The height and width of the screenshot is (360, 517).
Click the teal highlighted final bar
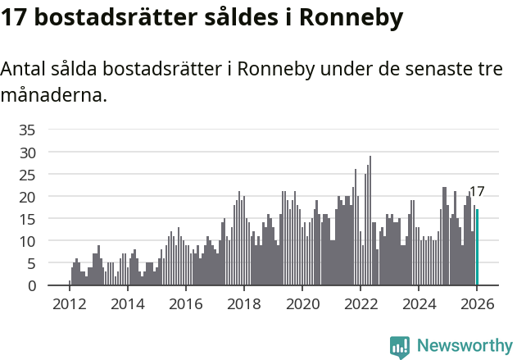(x=478, y=248)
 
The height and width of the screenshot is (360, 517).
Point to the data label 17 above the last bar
(x=477, y=192)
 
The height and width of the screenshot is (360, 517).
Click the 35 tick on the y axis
(x=28, y=130)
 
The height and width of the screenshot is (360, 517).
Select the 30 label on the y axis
(x=28, y=153)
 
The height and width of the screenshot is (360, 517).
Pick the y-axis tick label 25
(x=28, y=175)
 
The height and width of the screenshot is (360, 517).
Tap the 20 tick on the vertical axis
(x=28, y=197)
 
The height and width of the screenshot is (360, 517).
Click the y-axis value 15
(x=28, y=219)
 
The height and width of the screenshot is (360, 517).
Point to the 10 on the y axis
(x=28, y=241)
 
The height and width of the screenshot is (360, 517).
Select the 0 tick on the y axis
(x=32, y=286)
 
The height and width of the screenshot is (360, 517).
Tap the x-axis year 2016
(x=185, y=303)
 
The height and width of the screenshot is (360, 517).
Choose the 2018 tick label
(x=243, y=303)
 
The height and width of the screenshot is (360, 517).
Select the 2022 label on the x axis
(x=360, y=303)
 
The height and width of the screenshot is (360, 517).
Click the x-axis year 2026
(x=476, y=303)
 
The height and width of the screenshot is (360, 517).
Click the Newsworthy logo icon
(x=400, y=347)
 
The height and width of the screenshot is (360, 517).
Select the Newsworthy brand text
(x=464, y=346)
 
